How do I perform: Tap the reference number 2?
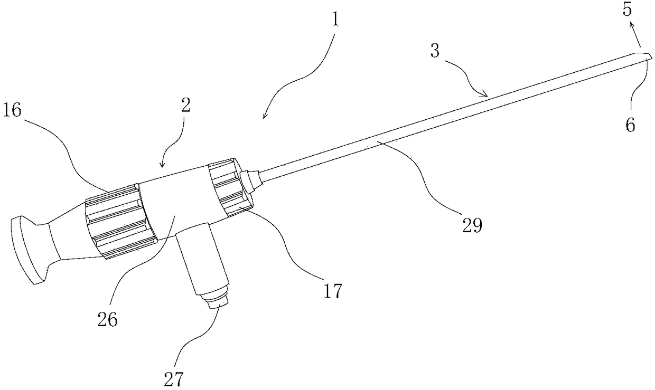(186, 105)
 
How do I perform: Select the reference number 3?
(435, 51)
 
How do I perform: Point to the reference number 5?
(627, 10)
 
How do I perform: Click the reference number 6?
(631, 125)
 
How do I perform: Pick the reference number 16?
(12, 111)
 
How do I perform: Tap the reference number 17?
(333, 291)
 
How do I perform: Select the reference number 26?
(107, 319)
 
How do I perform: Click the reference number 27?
(174, 379)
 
